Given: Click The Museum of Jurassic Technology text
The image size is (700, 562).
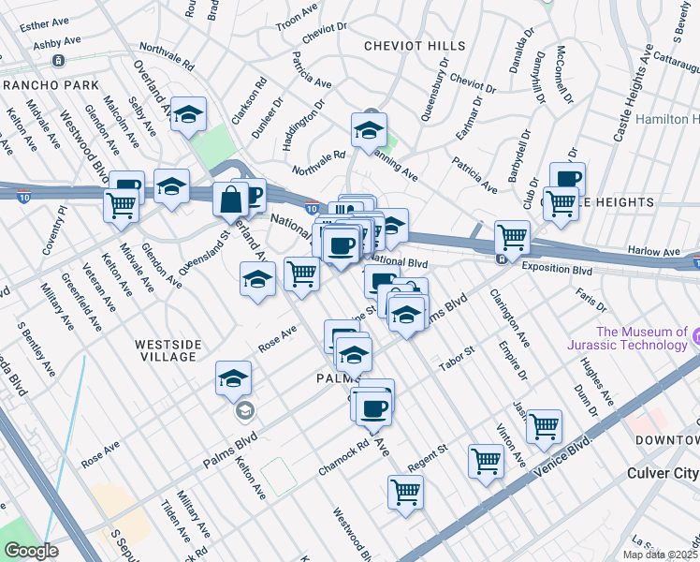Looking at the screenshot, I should click(x=641, y=338).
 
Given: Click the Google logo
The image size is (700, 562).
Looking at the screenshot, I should click(x=31, y=550).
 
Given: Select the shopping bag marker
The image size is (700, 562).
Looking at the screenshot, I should click(x=230, y=199).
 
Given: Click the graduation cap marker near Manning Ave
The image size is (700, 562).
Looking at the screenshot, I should click(x=369, y=127).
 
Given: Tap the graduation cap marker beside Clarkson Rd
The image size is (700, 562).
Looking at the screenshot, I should click(x=189, y=115).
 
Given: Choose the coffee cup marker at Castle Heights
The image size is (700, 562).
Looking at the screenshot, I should click(x=567, y=177).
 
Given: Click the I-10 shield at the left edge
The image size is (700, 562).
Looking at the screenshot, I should click(x=22, y=195).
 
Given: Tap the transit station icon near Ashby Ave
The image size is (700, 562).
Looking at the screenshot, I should click(x=58, y=61).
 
